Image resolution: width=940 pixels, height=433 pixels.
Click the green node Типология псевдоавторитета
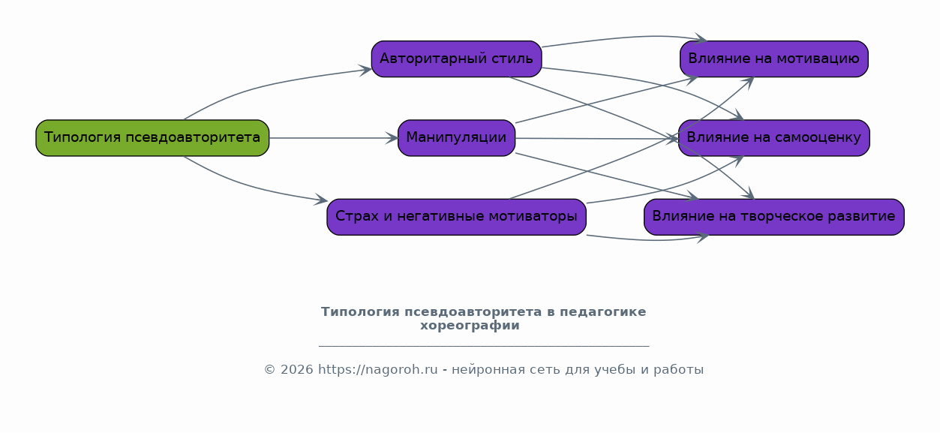(152, 138)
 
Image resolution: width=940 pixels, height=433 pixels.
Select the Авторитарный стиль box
(456, 59)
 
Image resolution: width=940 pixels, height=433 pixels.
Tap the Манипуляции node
(456, 138)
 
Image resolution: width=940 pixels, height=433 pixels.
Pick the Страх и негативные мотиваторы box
(456, 217)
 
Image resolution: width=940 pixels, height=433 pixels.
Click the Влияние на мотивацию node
(773, 59)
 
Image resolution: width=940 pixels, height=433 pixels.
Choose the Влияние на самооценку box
(773, 138)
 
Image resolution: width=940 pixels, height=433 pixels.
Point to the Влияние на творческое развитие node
(773, 217)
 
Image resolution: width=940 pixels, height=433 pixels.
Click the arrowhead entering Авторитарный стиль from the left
(366, 70)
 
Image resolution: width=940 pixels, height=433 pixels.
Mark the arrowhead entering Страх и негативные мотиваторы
(322, 200)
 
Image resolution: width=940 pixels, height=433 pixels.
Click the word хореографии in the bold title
(470, 326)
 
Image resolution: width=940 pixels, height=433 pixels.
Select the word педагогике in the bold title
(608, 311)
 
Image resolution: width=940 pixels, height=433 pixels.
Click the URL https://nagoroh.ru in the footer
(377, 370)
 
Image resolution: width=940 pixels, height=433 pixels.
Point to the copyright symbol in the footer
(270, 370)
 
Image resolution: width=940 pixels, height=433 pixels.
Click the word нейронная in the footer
(485, 370)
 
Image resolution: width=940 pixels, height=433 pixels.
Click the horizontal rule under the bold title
(484, 346)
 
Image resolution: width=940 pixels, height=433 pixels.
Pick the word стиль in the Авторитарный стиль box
(513, 59)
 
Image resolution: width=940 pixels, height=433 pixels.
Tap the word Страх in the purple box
(353, 217)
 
